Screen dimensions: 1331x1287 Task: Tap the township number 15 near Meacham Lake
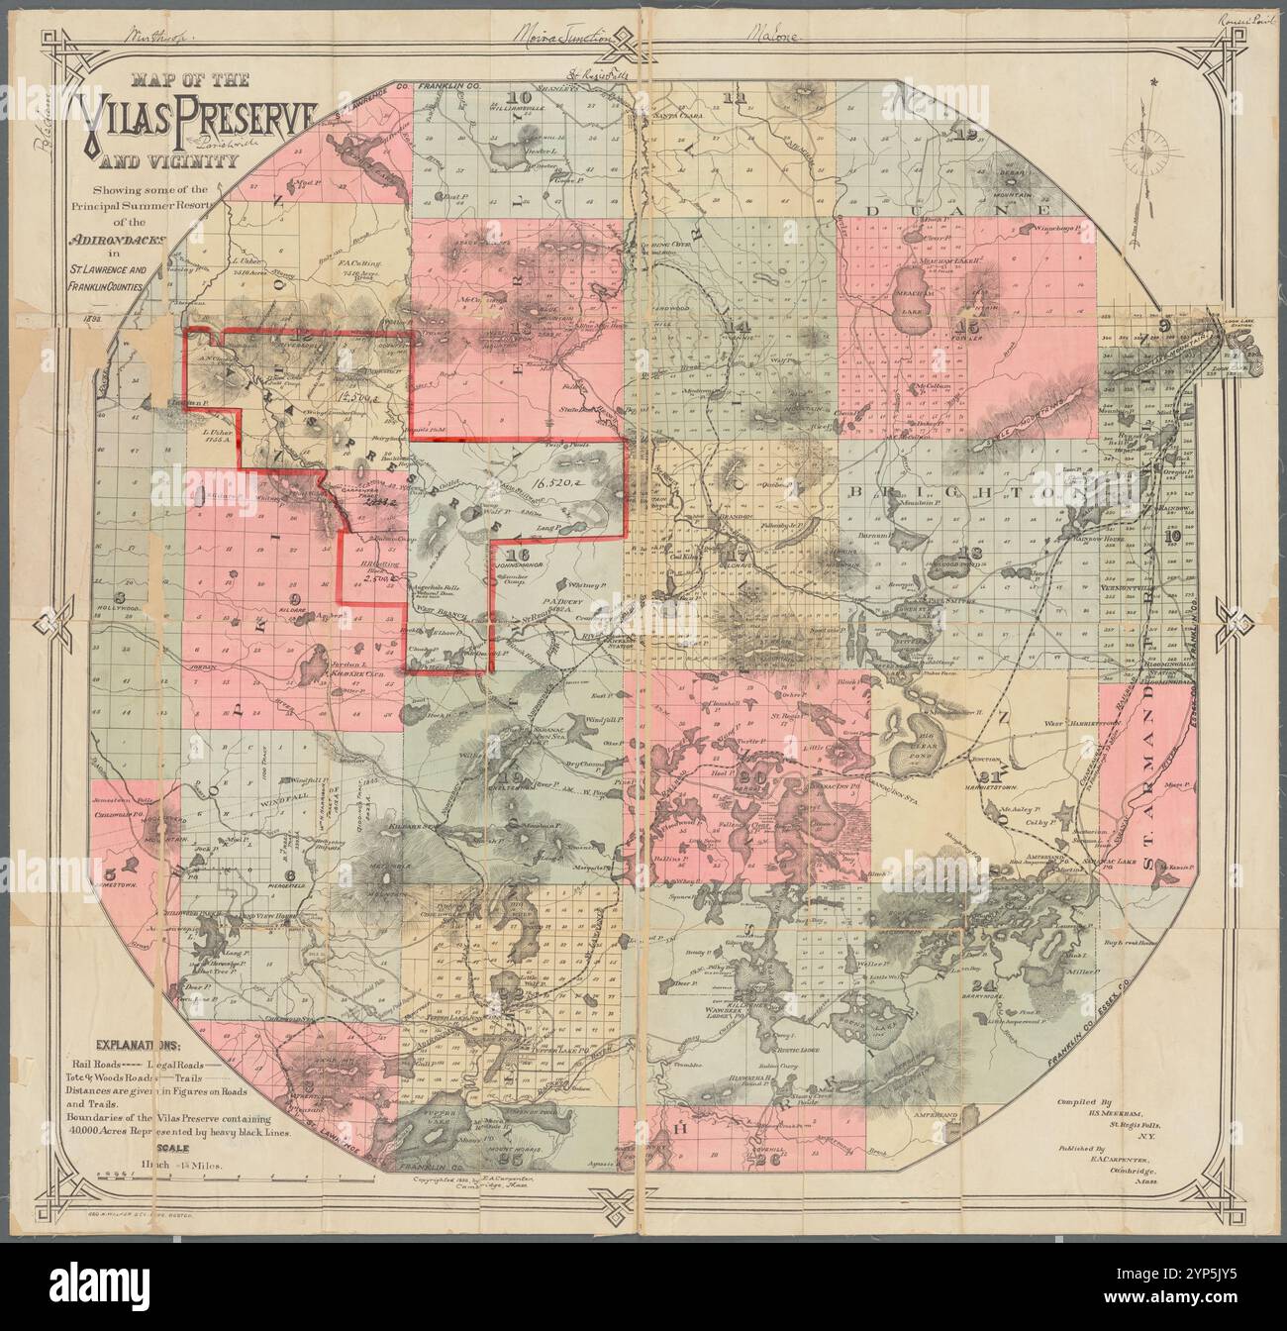click(961, 325)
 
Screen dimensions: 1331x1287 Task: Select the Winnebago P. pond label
click(1064, 229)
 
